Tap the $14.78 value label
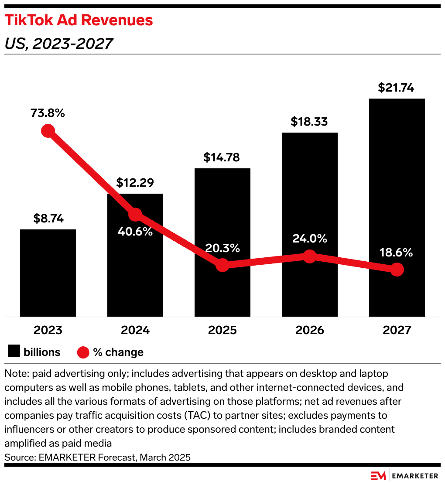pos(222,157)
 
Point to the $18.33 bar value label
pos(309,122)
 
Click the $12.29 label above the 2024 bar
pos(135,183)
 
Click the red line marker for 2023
pos(48,131)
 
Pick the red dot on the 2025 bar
pos(222,265)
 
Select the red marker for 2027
pos(397,270)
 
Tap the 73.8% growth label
pos(48,113)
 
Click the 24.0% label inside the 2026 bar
pos(309,239)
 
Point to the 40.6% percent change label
pos(135,231)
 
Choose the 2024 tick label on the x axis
pos(135,330)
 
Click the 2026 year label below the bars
pos(310,330)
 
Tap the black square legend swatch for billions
pos(14,352)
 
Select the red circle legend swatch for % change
pos(83,352)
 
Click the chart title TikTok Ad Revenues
pos(79,20)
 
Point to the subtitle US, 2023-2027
pos(58,43)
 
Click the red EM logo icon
pos(377,475)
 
